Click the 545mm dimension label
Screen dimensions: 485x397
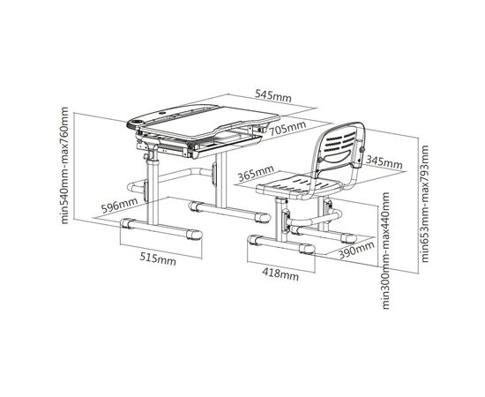coord(273,95)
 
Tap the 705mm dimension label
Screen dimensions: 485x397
coord(287,128)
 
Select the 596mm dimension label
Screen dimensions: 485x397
coord(119,206)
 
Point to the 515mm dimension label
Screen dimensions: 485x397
coord(158,258)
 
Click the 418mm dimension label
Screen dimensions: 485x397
coord(280,273)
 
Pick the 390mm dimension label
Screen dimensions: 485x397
coord(356,250)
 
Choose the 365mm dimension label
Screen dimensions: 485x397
coord(256,173)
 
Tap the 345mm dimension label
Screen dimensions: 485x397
coord(384,161)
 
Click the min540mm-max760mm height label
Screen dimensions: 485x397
coord(64,165)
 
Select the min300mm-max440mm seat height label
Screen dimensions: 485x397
coord(385,251)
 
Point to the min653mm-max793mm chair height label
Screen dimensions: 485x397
coord(425,204)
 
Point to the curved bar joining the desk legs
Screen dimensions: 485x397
coord(168,178)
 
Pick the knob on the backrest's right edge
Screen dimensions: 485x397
coord(362,150)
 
